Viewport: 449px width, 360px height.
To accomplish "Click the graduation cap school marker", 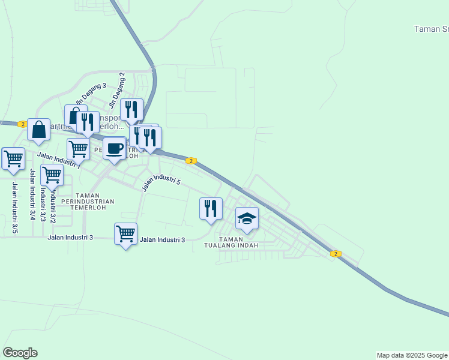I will [x=247, y=219].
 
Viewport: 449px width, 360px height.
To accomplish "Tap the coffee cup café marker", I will [x=114, y=149].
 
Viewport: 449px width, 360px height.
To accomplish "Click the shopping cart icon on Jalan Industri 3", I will [x=125, y=234].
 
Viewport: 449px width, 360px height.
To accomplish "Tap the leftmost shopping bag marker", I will [x=38, y=130].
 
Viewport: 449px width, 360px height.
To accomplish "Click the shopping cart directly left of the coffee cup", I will [x=78, y=149].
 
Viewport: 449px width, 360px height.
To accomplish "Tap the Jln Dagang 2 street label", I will [x=118, y=85].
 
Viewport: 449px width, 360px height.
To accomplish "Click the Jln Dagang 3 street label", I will [x=91, y=94].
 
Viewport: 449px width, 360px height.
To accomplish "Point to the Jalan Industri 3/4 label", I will [x=31, y=194].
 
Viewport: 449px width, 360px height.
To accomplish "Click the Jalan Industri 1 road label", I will [x=59, y=159].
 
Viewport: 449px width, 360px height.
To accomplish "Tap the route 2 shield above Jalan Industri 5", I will [x=191, y=161].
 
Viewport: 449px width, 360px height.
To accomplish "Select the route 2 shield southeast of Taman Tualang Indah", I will [x=336, y=254].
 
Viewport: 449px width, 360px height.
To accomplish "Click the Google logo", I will [x=20, y=353].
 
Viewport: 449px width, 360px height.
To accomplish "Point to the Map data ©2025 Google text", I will [x=412, y=355].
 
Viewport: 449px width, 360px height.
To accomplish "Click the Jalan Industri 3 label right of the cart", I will [x=162, y=240].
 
